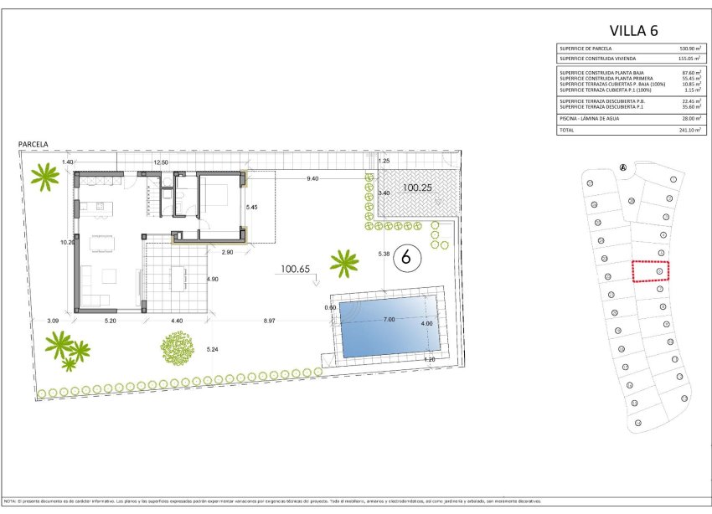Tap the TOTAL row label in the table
click(568, 131)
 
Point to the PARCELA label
click(34, 145)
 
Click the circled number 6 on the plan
click(406, 257)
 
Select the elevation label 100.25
click(416, 188)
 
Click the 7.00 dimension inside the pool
click(389, 320)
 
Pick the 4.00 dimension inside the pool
click(426, 324)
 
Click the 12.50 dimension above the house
click(160, 162)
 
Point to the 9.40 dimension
click(312, 179)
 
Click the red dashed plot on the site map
click(652, 271)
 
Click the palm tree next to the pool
click(343, 263)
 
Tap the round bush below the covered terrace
click(177, 345)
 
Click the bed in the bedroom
click(220, 194)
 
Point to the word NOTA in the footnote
click(10, 501)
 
